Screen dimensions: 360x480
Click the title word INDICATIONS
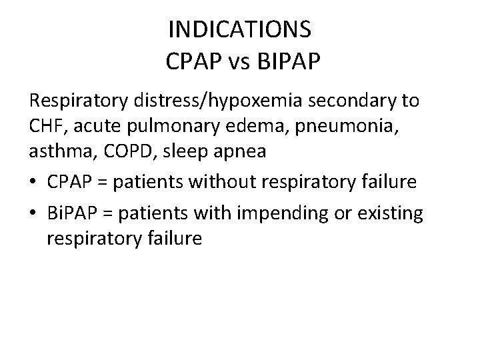point(239,30)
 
